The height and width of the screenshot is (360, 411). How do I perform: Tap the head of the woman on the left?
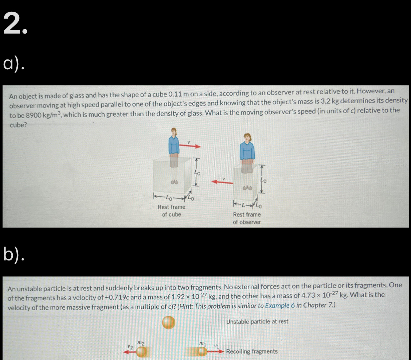pyautogui.click(x=175, y=132)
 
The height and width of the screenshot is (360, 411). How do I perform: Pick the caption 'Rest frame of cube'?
pyautogui.click(x=171, y=210)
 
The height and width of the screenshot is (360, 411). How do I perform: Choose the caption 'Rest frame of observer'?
pyautogui.click(x=247, y=218)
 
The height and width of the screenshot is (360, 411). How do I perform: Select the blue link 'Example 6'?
pyautogui.click(x=279, y=305)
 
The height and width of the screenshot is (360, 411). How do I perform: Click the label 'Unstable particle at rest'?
pyautogui.click(x=257, y=321)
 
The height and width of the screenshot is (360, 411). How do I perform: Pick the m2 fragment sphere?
pyautogui.click(x=142, y=352)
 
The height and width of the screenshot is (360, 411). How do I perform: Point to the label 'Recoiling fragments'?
pyautogui.click(x=251, y=352)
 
